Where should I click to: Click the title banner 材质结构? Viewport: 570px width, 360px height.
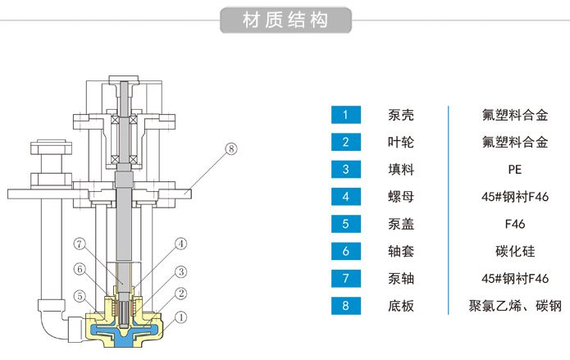285,21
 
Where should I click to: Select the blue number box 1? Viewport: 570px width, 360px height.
345,115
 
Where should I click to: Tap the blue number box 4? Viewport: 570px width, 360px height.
345,197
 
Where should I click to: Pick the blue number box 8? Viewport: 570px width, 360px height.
345,307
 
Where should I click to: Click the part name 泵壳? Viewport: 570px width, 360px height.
401,115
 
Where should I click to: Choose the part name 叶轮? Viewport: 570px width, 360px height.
401,142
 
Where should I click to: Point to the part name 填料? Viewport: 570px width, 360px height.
401,170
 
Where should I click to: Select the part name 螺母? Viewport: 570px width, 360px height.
401,197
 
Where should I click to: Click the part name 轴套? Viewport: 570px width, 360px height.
401,252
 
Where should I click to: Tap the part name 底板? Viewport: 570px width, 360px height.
401,307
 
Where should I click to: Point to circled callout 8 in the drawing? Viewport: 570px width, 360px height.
230,148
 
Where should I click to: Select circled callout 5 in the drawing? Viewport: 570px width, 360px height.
80,295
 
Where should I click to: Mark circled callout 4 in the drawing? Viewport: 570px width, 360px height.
181,243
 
